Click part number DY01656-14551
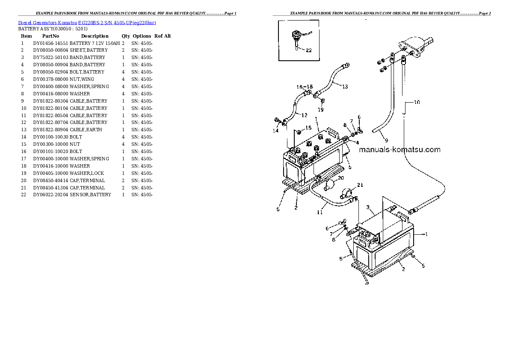[x=50, y=43]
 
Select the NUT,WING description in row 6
[x=82, y=79]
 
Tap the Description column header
[x=95, y=36]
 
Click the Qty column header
[x=125, y=36]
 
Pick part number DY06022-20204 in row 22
[x=50, y=195]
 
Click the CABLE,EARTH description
[x=86, y=130]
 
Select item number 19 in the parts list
[x=24, y=173]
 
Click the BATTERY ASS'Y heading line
[x=53, y=29]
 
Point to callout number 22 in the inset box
[x=308, y=50]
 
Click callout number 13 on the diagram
[x=345, y=87]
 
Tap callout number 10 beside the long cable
[x=417, y=102]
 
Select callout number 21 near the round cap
[x=360, y=185]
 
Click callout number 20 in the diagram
[x=340, y=178]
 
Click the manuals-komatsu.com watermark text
[x=400, y=150]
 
